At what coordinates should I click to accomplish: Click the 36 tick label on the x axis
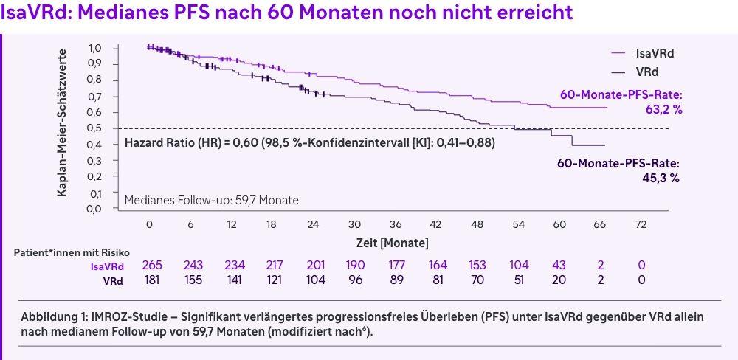(x=396, y=224)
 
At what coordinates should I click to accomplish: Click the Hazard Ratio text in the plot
(x=309, y=143)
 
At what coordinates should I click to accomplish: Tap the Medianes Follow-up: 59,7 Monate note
(x=212, y=200)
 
